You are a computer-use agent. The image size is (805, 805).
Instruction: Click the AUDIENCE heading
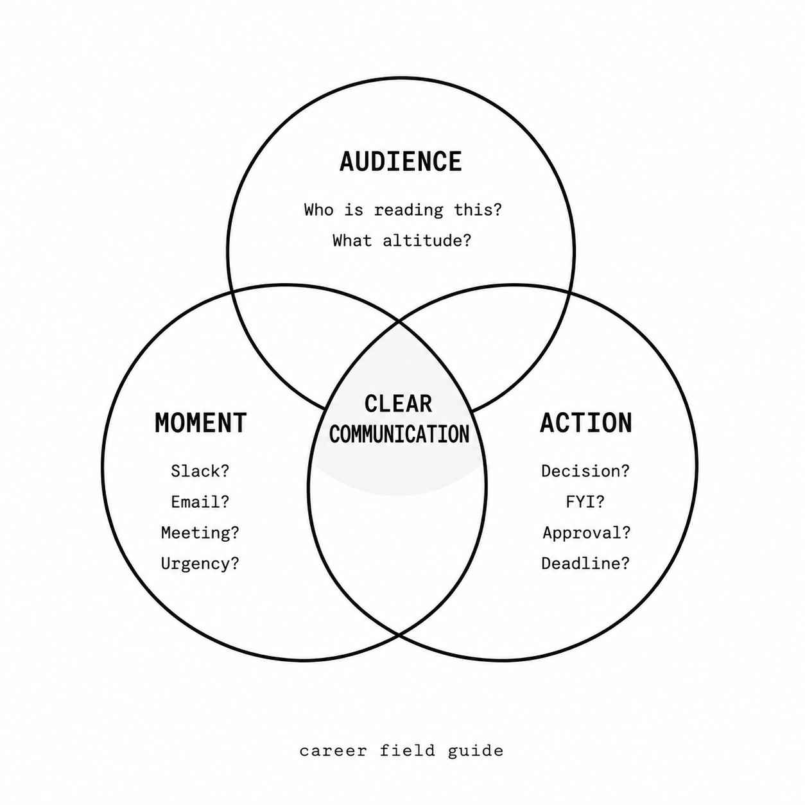(x=401, y=162)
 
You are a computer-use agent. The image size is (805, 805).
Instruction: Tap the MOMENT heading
(x=200, y=423)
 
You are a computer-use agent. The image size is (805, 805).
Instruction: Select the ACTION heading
(x=585, y=423)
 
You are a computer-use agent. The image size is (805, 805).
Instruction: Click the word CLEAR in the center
(x=398, y=404)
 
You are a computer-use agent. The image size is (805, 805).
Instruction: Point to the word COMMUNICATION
(x=399, y=434)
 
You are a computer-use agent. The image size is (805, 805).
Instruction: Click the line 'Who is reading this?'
(x=402, y=209)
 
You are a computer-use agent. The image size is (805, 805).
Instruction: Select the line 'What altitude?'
(x=401, y=240)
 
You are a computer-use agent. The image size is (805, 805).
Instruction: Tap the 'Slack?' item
(x=200, y=471)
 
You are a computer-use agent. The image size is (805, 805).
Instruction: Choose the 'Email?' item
(x=200, y=502)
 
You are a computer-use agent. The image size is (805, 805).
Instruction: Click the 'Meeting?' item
(x=200, y=533)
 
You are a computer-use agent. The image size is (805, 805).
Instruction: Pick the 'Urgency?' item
(x=200, y=564)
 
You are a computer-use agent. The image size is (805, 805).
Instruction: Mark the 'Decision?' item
(x=585, y=471)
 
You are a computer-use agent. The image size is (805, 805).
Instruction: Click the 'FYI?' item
(x=585, y=502)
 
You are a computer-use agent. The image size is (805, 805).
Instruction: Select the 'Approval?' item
(x=587, y=533)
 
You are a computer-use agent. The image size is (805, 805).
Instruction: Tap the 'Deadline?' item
(x=585, y=564)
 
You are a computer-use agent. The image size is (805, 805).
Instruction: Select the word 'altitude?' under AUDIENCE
(x=427, y=240)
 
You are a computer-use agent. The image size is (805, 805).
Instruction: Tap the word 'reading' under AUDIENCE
(x=408, y=210)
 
